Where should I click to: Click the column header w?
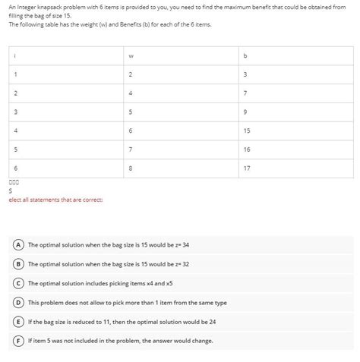click(x=131, y=55)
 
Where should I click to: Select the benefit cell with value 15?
click(x=247, y=131)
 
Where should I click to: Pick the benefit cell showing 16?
click(x=247, y=150)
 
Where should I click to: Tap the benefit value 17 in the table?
click(x=247, y=168)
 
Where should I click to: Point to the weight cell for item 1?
click(x=131, y=74)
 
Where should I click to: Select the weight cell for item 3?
click(x=131, y=112)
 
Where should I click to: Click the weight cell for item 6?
click(x=131, y=168)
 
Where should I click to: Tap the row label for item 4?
click(x=16, y=131)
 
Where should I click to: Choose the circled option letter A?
click(x=17, y=245)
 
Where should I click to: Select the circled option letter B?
click(x=17, y=264)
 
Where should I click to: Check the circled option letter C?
click(x=17, y=283)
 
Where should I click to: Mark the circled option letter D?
click(x=17, y=302)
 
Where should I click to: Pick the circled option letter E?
click(x=17, y=321)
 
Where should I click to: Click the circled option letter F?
click(x=17, y=340)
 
